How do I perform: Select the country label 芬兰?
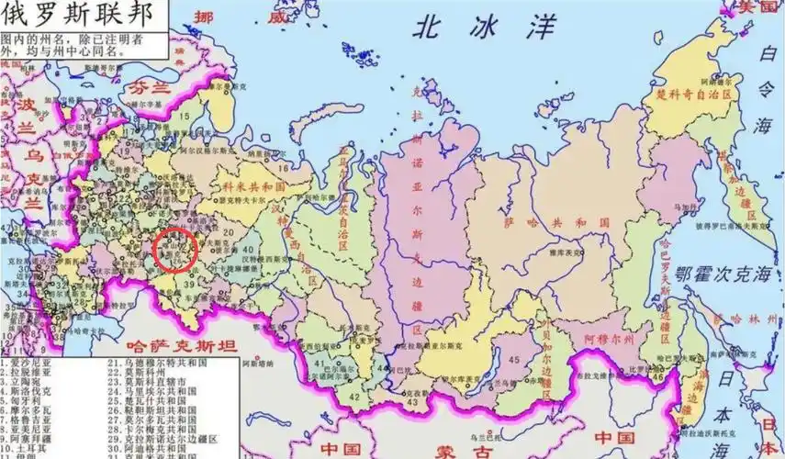[149, 89]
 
